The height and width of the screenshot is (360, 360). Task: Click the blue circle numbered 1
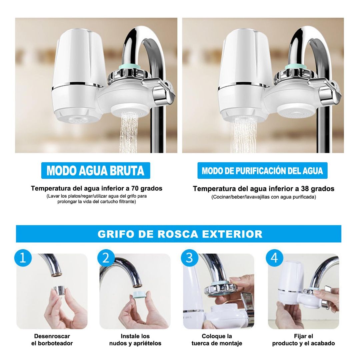(x=23, y=258)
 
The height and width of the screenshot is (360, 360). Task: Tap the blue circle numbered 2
(x=106, y=258)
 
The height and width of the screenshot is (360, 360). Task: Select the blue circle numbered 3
(x=189, y=258)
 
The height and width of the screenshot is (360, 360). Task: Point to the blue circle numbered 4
(x=274, y=258)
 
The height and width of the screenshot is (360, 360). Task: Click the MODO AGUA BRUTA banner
(x=96, y=170)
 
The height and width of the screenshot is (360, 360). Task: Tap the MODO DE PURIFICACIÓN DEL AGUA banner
(x=262, y=170)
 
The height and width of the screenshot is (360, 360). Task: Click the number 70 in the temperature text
(x=135, y=188)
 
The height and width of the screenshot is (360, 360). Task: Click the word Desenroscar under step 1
(x=52, y=336)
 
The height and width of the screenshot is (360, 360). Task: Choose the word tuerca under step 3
(x=201, y=343)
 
